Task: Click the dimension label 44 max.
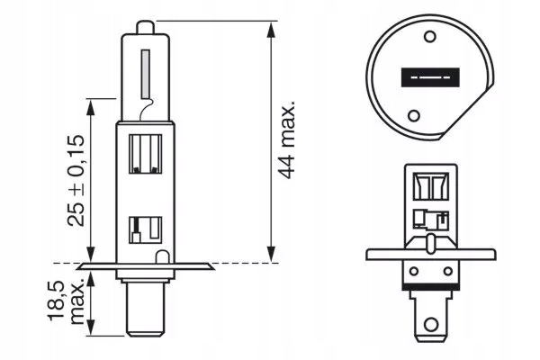click(286, 139)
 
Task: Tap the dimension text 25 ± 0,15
click(76, 180)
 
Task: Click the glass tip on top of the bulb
click(146, 27)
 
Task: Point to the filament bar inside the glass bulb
click(145, 74)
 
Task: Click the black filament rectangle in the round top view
click(430, 77)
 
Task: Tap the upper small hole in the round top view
click(430, 36)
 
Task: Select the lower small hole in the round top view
click(414, 115)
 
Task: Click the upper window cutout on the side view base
click(145, 154)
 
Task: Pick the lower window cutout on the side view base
click(145, 230)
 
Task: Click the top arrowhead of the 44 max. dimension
click(272, 30)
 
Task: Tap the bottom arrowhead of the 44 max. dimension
click(272, 254)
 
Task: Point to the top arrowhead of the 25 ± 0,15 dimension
click(91, 107)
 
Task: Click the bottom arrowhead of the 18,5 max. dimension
click(91, 328)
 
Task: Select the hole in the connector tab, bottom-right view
click(431, 324)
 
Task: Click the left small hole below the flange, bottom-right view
click(414, 271)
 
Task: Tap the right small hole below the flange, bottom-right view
click(447, 271)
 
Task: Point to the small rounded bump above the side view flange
click(162, 257)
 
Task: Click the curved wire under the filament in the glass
click(147, 109)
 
